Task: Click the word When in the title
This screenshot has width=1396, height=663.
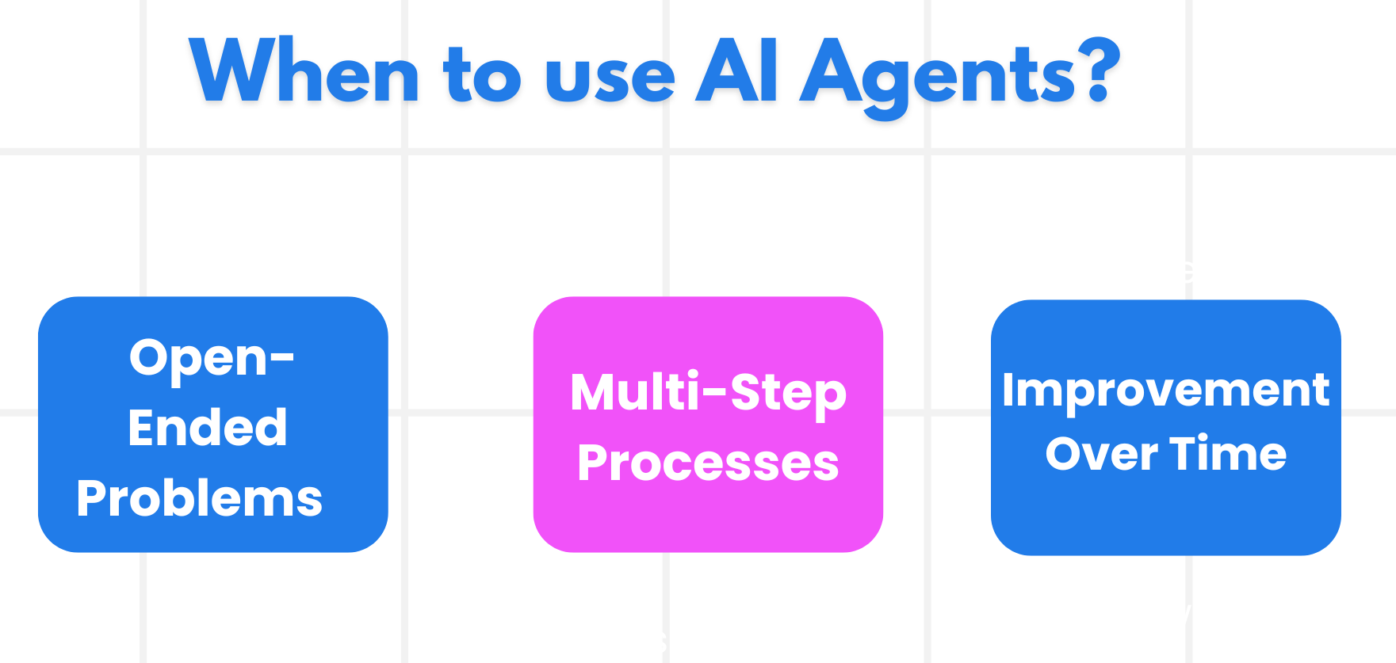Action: coord(305,72)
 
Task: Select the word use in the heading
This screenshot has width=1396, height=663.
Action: coord(610,78)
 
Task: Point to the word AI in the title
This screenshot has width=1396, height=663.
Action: coord(736,72)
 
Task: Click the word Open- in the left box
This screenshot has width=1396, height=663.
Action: coord(212,358)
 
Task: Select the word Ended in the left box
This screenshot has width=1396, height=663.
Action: coord(208,428)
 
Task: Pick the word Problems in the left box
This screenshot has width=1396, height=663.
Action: coord(200,498)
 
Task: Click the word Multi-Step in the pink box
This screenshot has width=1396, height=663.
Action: coord(708,393)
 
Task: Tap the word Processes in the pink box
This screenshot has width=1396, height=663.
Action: coord(708,463)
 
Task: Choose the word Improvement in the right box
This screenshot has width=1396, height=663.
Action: coord(1165,390)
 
